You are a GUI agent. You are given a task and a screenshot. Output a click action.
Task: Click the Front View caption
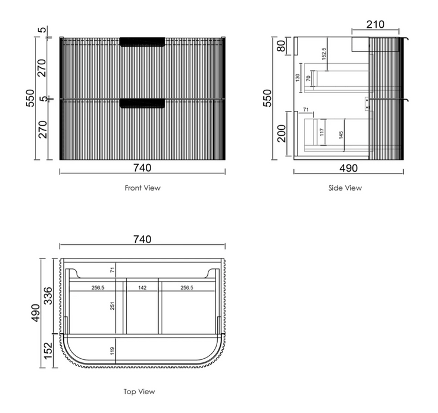142,188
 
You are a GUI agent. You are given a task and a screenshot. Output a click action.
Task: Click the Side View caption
345,188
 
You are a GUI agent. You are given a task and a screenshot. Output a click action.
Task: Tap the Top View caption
139,392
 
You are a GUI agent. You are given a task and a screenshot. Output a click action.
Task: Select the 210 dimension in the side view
375,25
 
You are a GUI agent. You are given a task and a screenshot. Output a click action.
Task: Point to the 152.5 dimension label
323,54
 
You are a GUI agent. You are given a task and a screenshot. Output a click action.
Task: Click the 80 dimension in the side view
282,46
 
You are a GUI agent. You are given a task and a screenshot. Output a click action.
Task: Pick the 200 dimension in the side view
282,133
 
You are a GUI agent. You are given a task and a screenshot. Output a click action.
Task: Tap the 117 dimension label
322,132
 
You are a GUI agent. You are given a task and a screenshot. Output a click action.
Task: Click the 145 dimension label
341,135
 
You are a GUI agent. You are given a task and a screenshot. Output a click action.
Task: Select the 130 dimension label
298,78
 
